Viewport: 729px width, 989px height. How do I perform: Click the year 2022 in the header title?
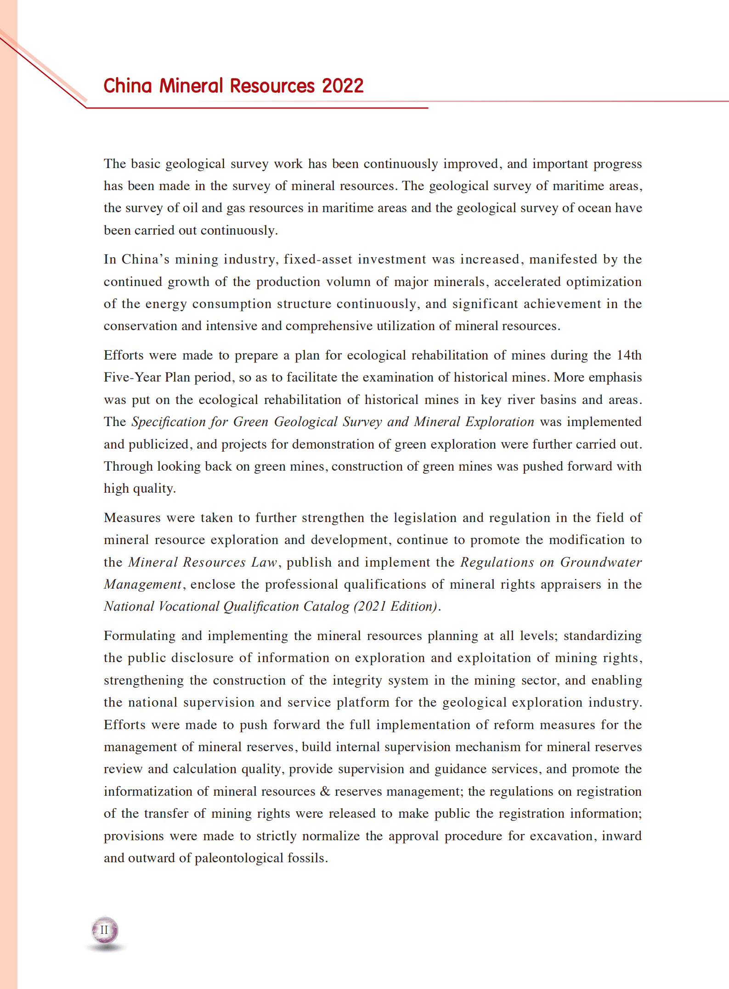pos(342,86)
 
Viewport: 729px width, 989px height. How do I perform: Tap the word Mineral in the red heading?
pos(191,86)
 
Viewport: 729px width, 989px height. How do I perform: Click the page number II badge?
pos(104,930)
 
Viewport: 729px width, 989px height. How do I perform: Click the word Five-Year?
pos(132,377)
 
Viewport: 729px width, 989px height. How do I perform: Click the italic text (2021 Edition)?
pos(394,607)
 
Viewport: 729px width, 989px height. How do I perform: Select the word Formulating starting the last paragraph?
pos(139,636)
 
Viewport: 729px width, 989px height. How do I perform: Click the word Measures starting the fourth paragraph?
pos(132,518)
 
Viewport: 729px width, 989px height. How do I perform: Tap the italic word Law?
pos(264,562)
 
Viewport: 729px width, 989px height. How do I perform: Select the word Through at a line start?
pos(128,466)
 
